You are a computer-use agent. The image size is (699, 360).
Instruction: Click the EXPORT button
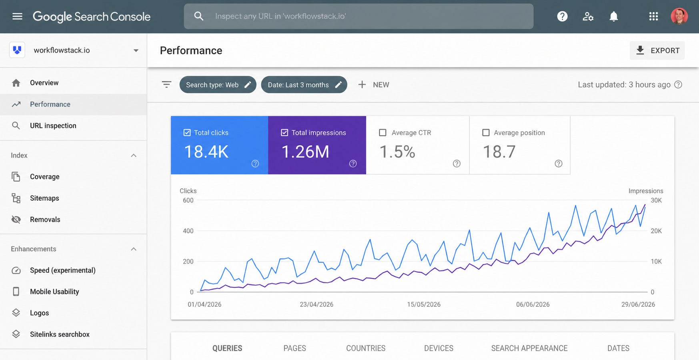657,50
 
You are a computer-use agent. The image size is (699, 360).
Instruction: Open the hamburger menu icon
17,16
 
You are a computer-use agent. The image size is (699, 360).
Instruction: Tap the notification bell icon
613,16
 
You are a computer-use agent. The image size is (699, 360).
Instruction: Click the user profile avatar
679,16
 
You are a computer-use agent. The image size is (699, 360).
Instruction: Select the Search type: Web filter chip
218,85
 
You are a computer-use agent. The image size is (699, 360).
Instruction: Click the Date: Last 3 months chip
304,85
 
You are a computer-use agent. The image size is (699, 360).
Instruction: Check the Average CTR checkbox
383,132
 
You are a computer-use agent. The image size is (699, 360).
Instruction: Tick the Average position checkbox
486,132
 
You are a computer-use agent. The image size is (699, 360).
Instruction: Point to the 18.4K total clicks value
206,152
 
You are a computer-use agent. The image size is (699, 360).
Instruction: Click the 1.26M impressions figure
305,152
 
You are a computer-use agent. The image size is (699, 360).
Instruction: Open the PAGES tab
294,348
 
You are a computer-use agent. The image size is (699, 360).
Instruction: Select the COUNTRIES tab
366,348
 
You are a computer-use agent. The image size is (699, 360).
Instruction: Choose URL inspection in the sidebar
53,126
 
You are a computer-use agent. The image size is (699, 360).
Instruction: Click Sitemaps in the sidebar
44,198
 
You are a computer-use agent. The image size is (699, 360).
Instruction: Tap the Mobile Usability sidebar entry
54,292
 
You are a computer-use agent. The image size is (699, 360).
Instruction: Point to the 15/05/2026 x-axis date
424,304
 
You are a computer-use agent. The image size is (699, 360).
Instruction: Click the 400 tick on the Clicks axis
188,231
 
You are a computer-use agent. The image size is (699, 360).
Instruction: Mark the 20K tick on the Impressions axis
656,231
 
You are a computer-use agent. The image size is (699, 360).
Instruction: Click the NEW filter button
374,85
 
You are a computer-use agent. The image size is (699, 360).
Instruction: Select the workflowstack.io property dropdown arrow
136,50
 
